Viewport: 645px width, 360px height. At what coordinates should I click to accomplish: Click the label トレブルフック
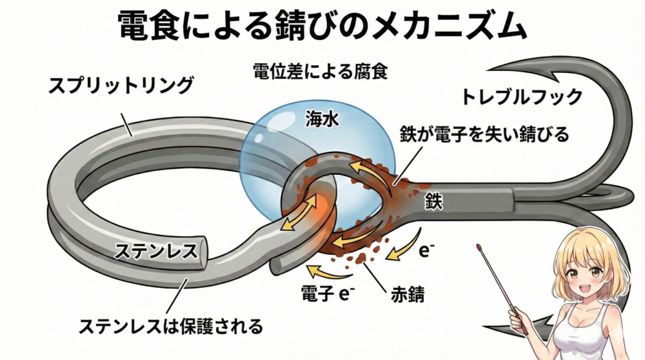coord(521,97)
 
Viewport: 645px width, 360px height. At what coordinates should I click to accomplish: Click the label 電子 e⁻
coord(329,295)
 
